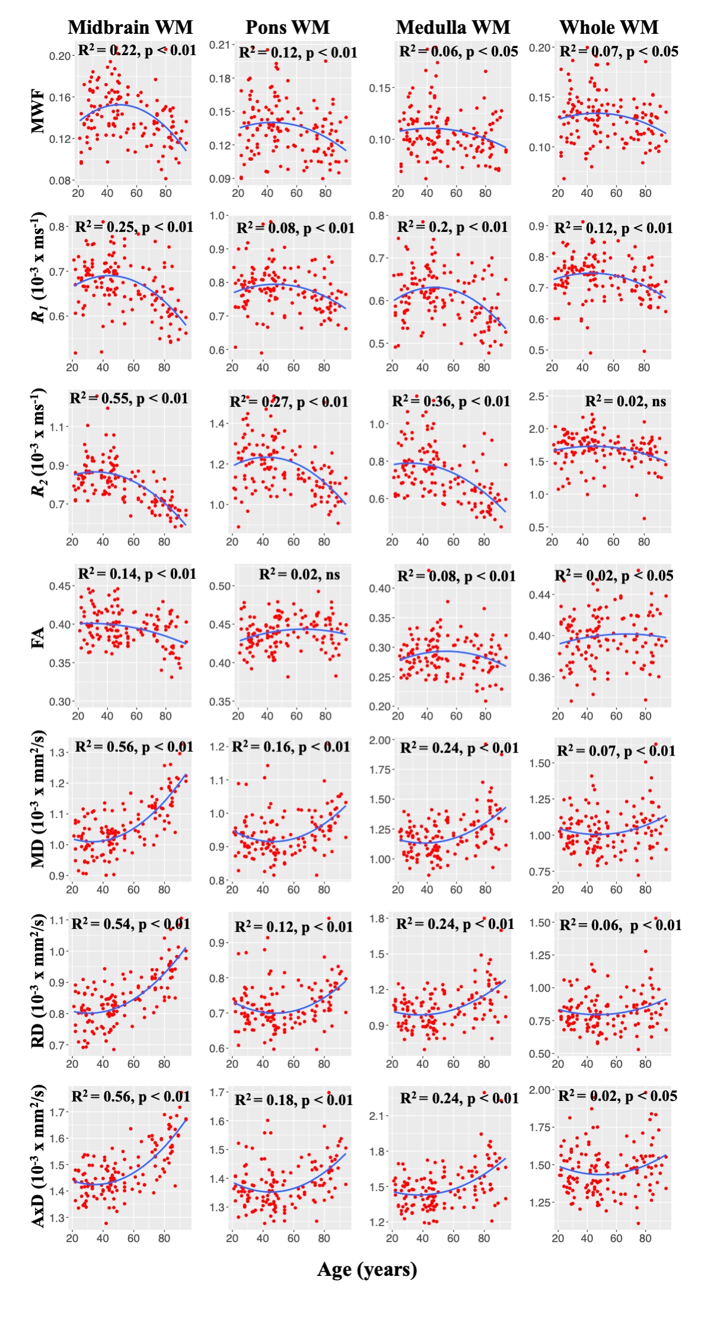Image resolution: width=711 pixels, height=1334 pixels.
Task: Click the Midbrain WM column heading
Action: tap(130, 27)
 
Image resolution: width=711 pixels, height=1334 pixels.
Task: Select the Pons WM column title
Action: tap(288, 27)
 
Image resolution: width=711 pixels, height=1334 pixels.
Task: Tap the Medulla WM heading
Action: tap(453, 27)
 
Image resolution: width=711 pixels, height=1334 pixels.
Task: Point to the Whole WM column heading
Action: tap(609, 27)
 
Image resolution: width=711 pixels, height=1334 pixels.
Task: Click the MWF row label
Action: tap(38, 111)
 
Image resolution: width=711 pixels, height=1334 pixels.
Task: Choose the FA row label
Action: tap(38, 637)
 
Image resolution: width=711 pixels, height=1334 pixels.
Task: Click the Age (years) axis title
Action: tap(367, 1269)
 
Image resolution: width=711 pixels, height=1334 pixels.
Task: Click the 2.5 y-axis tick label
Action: tap(537, 396)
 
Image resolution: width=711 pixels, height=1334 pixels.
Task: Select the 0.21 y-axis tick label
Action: tap(219, 45)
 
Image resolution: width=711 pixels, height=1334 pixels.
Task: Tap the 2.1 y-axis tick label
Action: tap(378, 1116)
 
